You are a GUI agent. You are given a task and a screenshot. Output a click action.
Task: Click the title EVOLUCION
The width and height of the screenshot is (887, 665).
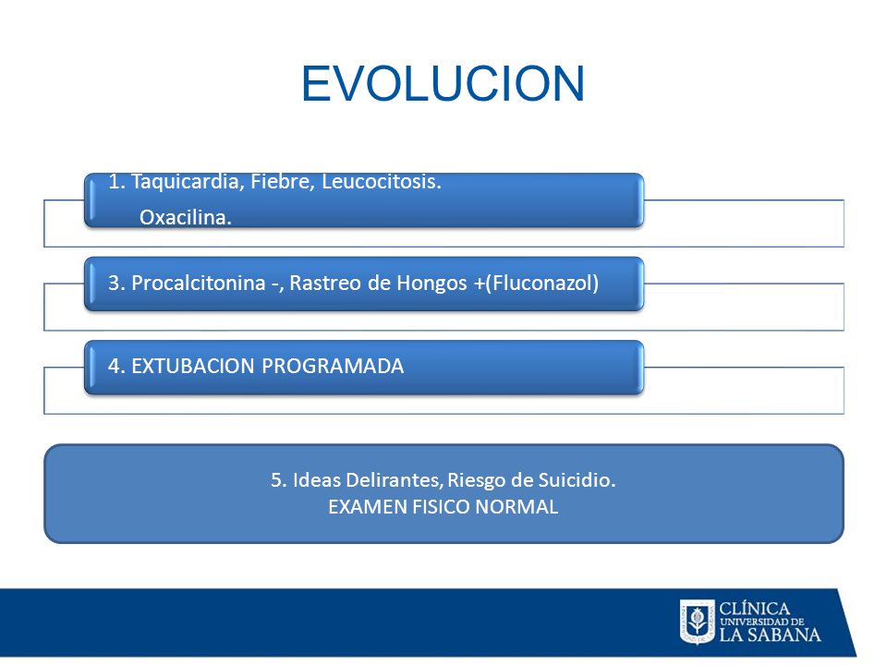[x=443, y=84]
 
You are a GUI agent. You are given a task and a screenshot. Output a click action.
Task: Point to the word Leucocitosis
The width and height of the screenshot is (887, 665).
[x=382, y=182]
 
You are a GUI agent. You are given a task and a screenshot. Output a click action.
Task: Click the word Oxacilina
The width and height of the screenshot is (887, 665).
[x=186, y=217]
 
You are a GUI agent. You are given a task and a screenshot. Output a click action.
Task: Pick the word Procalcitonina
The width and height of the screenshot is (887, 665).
[x=199, y=283]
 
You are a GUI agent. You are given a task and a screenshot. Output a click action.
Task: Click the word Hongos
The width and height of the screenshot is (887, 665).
[x=431, y=284]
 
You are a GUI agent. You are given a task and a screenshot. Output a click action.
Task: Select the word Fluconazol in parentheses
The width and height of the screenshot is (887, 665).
[x=542, y=283]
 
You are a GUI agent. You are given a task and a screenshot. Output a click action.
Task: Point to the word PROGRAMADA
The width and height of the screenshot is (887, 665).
[x=333, y=367]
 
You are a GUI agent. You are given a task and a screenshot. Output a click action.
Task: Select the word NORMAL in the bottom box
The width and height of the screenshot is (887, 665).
[x=517, y=507]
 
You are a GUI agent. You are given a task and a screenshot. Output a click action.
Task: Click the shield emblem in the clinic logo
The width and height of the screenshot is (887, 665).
[x=697, y=622]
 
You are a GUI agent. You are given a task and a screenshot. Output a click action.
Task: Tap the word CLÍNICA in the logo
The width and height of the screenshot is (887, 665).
[x=754, y=609]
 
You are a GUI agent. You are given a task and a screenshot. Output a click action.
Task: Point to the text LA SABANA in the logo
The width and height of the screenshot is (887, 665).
[x=770, y=635]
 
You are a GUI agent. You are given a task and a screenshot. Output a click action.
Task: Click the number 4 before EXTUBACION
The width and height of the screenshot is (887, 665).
[x=113, y=367]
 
